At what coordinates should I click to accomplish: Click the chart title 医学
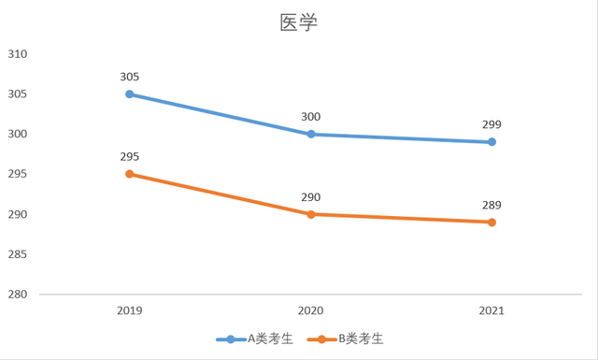[x=299, y=22]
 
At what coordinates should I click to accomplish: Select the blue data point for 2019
[x=130, y=94]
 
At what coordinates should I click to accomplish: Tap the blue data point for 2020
[x=311, y=134]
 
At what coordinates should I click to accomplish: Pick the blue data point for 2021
[x=491, y=142]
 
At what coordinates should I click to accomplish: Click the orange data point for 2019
[x=130, y=174]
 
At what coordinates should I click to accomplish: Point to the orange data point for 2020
[x=311, y=214]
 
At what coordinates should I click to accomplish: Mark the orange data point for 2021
[x=491, y=222]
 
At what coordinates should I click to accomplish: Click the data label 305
[x=130, y=77]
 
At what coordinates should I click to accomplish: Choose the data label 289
[x=491, y=205]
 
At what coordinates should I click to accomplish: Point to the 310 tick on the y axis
[x=18, y=54]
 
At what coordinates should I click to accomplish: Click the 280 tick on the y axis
[x=18, y=295]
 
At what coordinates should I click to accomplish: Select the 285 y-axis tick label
[x=18, y=254]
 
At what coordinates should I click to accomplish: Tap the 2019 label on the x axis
[x=130, y=310]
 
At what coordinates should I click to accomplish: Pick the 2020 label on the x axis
[x=311, y=310]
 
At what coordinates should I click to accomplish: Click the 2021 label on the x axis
[x=491, y=310]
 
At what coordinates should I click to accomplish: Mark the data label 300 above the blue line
[x=311, y=117]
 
